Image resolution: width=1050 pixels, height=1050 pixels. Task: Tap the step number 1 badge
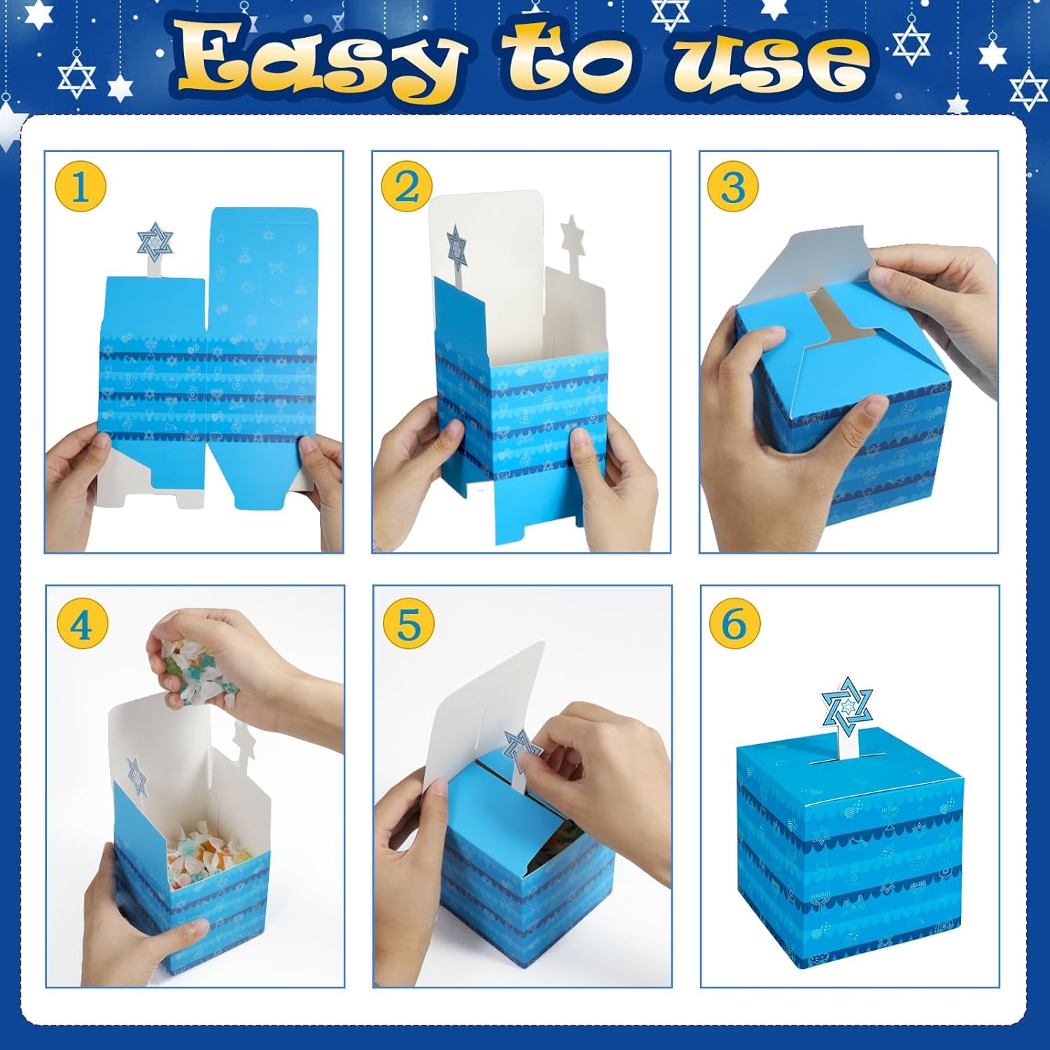tap(80, 186)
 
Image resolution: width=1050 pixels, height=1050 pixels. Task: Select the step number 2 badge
tap(407, 186)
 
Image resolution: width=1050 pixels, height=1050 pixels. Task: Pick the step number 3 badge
tap(733, 186)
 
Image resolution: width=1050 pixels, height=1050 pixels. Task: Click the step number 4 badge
tap(81, 622)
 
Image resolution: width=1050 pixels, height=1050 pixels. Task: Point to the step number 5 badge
tap(409, 622)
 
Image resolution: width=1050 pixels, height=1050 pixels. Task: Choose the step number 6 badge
tap(734, 622)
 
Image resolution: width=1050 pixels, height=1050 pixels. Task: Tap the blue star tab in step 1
tap(155, 242)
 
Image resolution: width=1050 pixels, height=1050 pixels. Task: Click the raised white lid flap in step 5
tap(490, 707)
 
